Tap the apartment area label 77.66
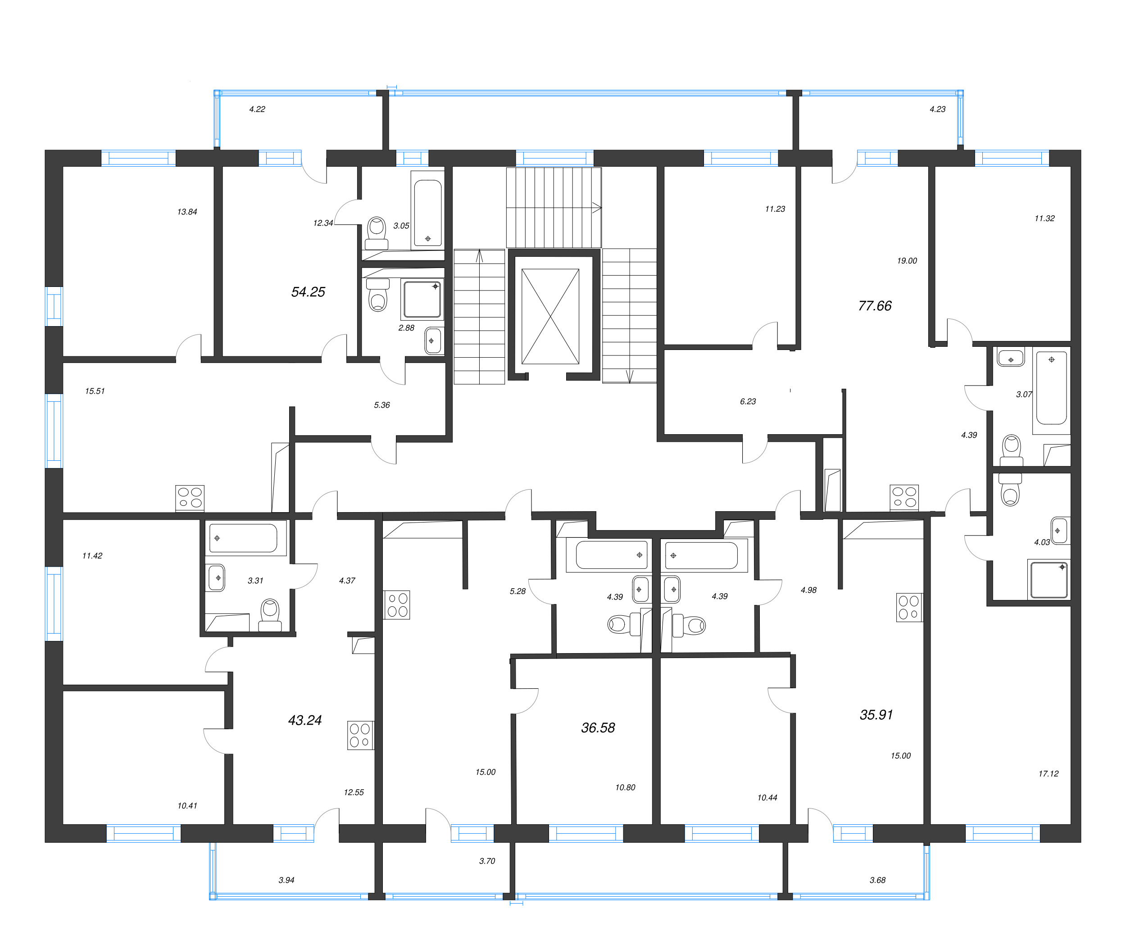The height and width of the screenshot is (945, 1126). click(875, 306)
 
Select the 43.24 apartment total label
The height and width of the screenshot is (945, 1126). click(304, 721)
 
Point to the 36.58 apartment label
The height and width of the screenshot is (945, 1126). click(598, 728)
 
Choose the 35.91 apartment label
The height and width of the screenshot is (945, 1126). click(876, 715)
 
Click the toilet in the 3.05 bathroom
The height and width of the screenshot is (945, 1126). click(377, 231)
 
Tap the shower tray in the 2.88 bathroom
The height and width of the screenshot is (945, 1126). click(422, 299)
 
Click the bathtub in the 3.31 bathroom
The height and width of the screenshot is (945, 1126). click(243, 538)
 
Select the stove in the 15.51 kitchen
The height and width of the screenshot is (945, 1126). click(190, 498)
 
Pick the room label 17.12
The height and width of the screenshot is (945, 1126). click(1048, 774)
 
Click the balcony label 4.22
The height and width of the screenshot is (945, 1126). click(257, 109)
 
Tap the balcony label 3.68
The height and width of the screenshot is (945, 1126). click(877, 880)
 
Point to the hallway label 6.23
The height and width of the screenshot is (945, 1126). click(748, 402)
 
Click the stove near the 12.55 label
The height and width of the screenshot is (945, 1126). click(360, 735)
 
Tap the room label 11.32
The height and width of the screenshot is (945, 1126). click(1044, 219)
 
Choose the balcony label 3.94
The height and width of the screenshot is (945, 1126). click(286, 880)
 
